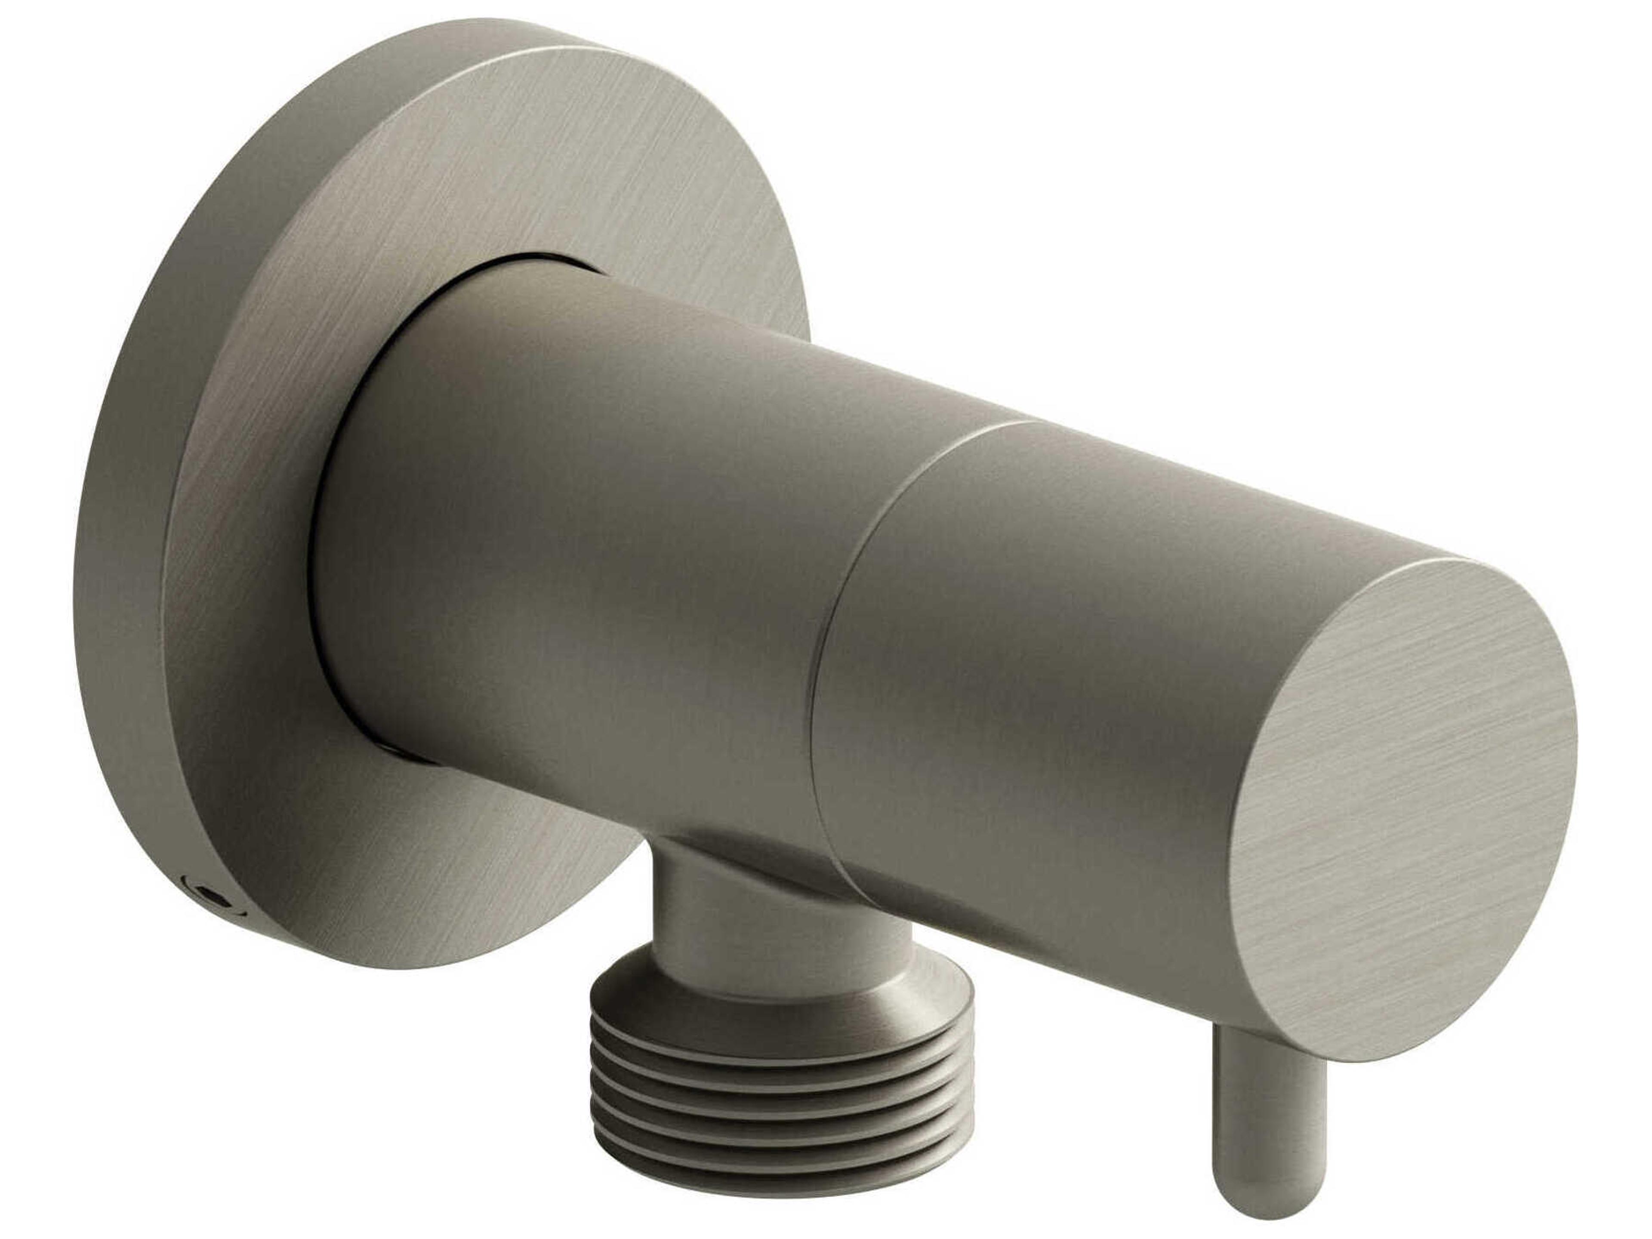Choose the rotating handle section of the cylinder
pos(1045,672)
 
